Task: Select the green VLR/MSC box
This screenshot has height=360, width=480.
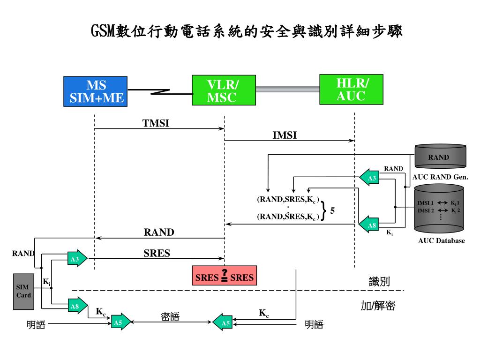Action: [x=224, y=91]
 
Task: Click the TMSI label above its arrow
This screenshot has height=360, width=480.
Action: [x=156, y=123]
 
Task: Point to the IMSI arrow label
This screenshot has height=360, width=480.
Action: [x=285, y=135]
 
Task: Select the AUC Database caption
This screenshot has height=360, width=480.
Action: [x=441, y=241]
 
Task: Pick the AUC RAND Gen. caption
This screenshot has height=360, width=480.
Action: [x=440, y=177]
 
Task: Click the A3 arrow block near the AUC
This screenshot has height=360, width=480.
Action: [x=370, y=178]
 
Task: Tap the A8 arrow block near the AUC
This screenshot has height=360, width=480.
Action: [x=370, y=226]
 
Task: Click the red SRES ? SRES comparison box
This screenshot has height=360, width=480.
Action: [x=225, y=277]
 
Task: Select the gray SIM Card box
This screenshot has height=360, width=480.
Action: [x=23, y=292]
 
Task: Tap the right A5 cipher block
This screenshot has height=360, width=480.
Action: [x=223, y=322]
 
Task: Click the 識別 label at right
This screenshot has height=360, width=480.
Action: [x=379, y=281]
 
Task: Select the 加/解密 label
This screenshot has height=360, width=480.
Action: [x=377, y=306]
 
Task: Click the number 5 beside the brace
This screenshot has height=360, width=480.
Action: [x=332, y=211]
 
